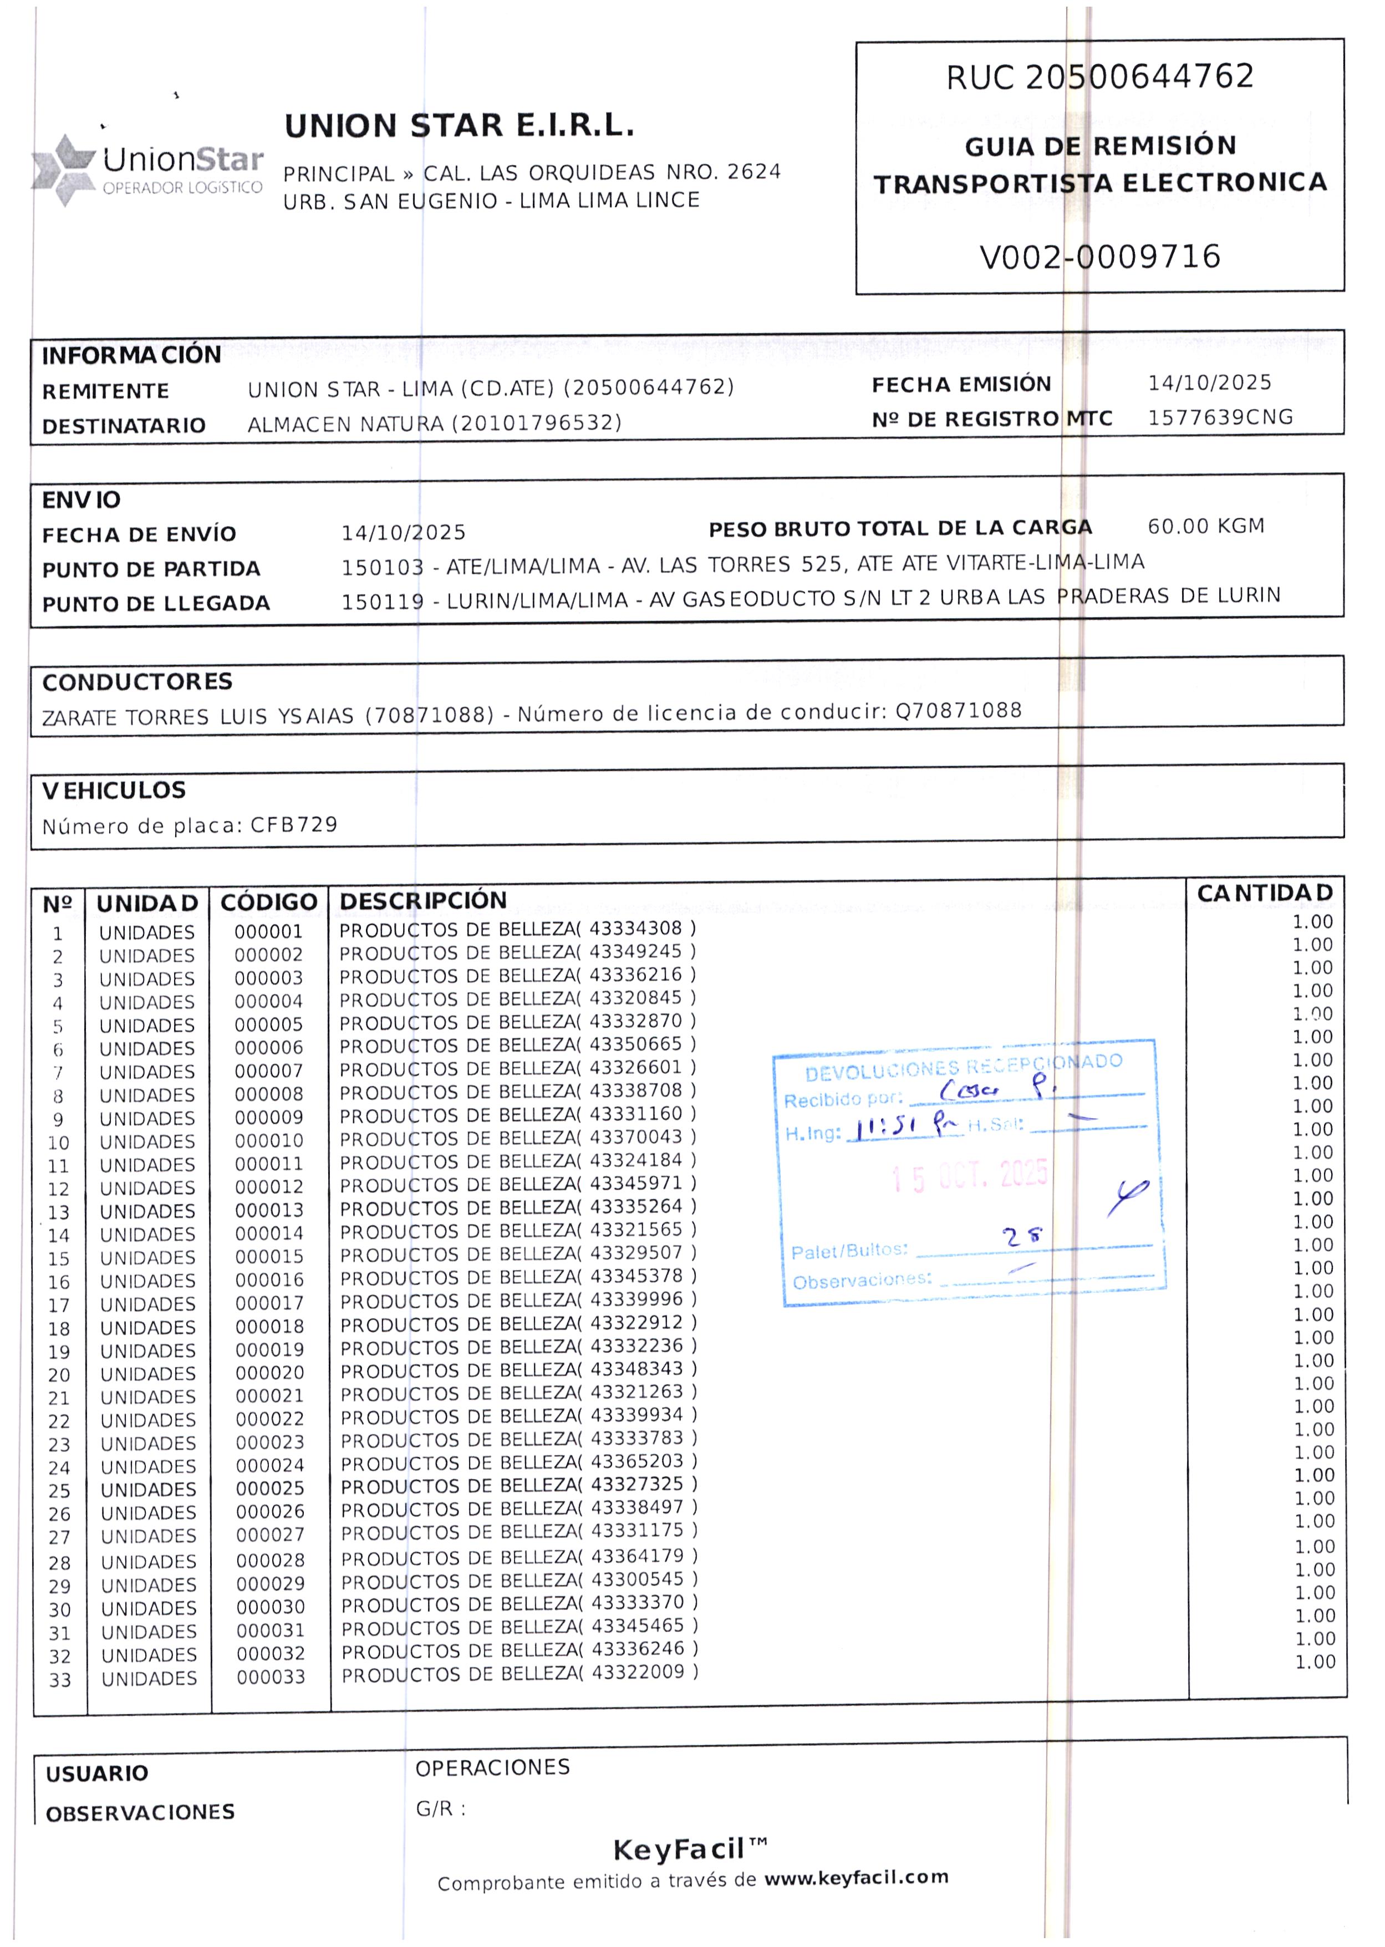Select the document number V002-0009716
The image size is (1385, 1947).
coord(1099,257)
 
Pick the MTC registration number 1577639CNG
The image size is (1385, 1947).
coord(1220,417)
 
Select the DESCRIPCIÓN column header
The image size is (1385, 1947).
coord(423,900)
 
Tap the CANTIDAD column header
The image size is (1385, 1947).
coord(1264,893)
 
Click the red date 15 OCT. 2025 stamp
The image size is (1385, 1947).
coord(970,1177)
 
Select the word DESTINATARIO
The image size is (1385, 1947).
coord(124,426)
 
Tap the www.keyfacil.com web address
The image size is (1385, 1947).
coord(856,1877)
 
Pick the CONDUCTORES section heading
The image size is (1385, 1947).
coord(138,682)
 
